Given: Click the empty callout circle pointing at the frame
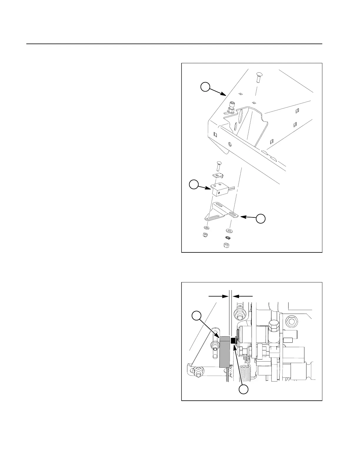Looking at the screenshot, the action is [205, 87].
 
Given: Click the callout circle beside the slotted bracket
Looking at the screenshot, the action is [261, 219].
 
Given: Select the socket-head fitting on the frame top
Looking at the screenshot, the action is [231, 107].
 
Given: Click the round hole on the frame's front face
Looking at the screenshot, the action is [230, 144].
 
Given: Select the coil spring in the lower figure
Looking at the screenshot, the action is [245, 372].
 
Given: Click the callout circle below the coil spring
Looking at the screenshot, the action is [243, 390].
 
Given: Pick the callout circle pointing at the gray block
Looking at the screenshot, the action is [196, 316].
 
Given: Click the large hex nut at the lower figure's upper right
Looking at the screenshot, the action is [292, 321].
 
